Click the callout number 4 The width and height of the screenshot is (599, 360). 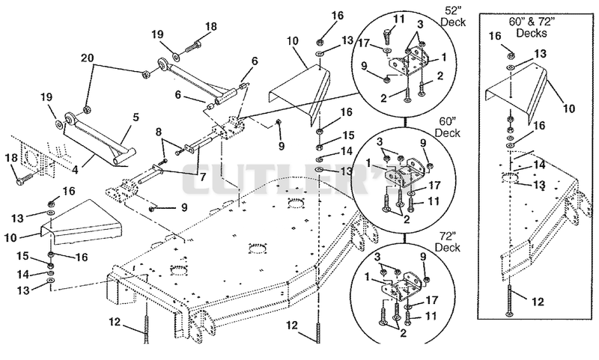click(x=76, y=169)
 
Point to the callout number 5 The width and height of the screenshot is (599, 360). click(x=136, y=118)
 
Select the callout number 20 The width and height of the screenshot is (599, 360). click(x=87, y=58)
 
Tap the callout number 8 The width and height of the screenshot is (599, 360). click(x=159, y=133)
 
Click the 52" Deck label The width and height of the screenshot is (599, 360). click(x=453, y=16)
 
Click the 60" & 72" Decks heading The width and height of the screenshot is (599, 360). click(x=532, y=27)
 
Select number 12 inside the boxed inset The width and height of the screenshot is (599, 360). click(x=538, y=302)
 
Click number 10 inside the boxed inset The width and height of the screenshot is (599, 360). click(x=569, y=109)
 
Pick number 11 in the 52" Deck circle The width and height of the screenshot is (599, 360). click(x=398, y=19)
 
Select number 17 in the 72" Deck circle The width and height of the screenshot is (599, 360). click(x=432, y=300)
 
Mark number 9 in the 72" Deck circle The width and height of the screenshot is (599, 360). click(x=422, y=257)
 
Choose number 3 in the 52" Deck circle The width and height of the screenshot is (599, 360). click(x=420, y=25)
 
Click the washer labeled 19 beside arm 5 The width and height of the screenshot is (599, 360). click(x=60, y=124)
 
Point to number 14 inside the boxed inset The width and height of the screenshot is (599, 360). click(x=539, y=165)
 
